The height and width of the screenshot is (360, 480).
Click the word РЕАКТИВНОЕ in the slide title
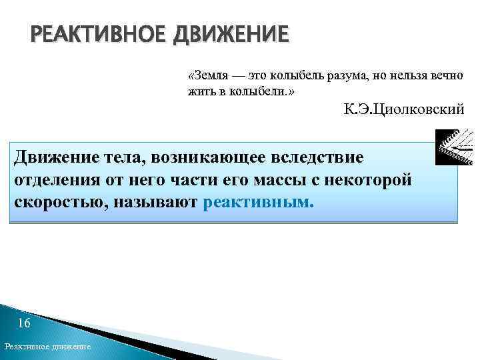pyautogui.click(x=98, y=34)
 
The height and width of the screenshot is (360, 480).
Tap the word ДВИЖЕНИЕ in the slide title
pyautogui.click(x=231, y=34)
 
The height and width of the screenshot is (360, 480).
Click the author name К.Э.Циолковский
pyautogui.click(x=403, y=110)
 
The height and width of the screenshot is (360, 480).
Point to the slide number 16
pyautogui.click(x=24, y=324)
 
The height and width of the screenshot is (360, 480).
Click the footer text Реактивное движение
pyautogui.click(x=47, y=348)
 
